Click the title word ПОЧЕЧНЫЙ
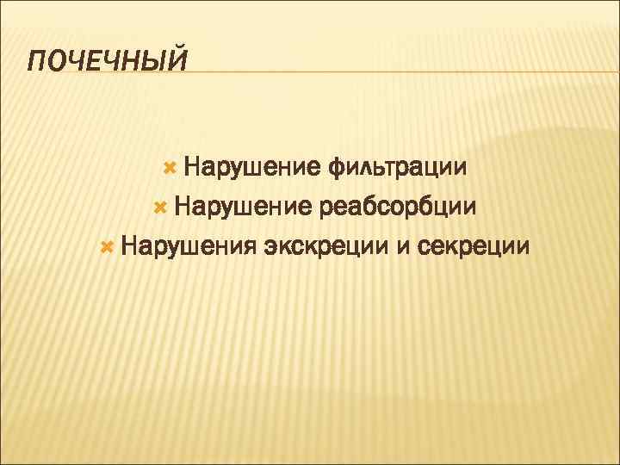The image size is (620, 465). click(x=107, y=62)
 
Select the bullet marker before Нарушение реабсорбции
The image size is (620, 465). click(x=157, y=207)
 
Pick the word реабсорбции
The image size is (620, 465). click(x=397, y=207)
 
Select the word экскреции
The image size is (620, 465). click(x=326, y=248)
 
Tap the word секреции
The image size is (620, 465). click(x=473, y=248)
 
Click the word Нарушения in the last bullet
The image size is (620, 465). click(x=189, y=248)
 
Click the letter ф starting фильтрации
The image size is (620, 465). click(x=337, y=165)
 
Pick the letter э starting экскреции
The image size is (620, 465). click(x=271, y=249)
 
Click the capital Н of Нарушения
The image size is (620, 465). click(x=129, y=248)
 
